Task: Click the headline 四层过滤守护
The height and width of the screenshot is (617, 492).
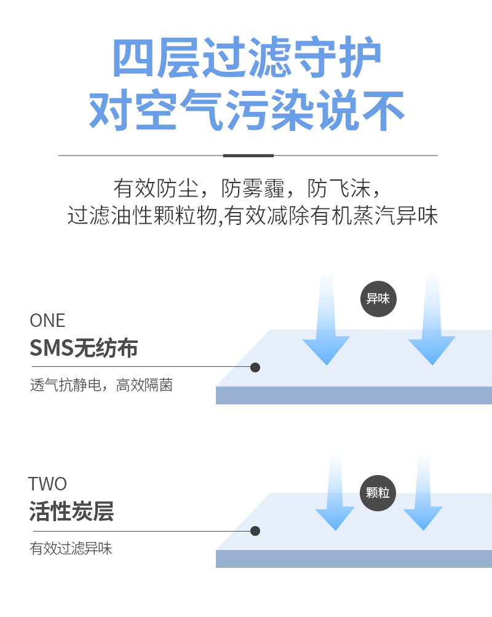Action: tap(247, 59)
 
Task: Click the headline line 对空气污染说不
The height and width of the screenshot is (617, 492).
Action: tap(247, 111)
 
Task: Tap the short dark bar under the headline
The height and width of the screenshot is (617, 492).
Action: tap(248, 155)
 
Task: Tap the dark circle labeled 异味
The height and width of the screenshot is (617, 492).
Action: tap(378, 299)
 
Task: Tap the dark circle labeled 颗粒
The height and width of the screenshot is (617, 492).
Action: tap(378, 493)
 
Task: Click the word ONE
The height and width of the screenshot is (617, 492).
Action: tap(47, 321)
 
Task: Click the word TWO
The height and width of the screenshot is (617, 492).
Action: tap(47, 484)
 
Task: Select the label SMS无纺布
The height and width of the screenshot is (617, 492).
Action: tap(84, 348)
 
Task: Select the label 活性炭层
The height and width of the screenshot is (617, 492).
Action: tap(71, 512)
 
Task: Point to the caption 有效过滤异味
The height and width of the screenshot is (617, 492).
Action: tap(71, 549)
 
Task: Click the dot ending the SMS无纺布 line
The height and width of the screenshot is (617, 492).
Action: tap(255, 367)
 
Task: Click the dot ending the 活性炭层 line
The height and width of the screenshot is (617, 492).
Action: tap(255, 531)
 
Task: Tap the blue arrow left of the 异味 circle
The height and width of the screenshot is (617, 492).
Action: tap(327, 332)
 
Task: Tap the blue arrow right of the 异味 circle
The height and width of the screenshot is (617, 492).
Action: tap(432, 332)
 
